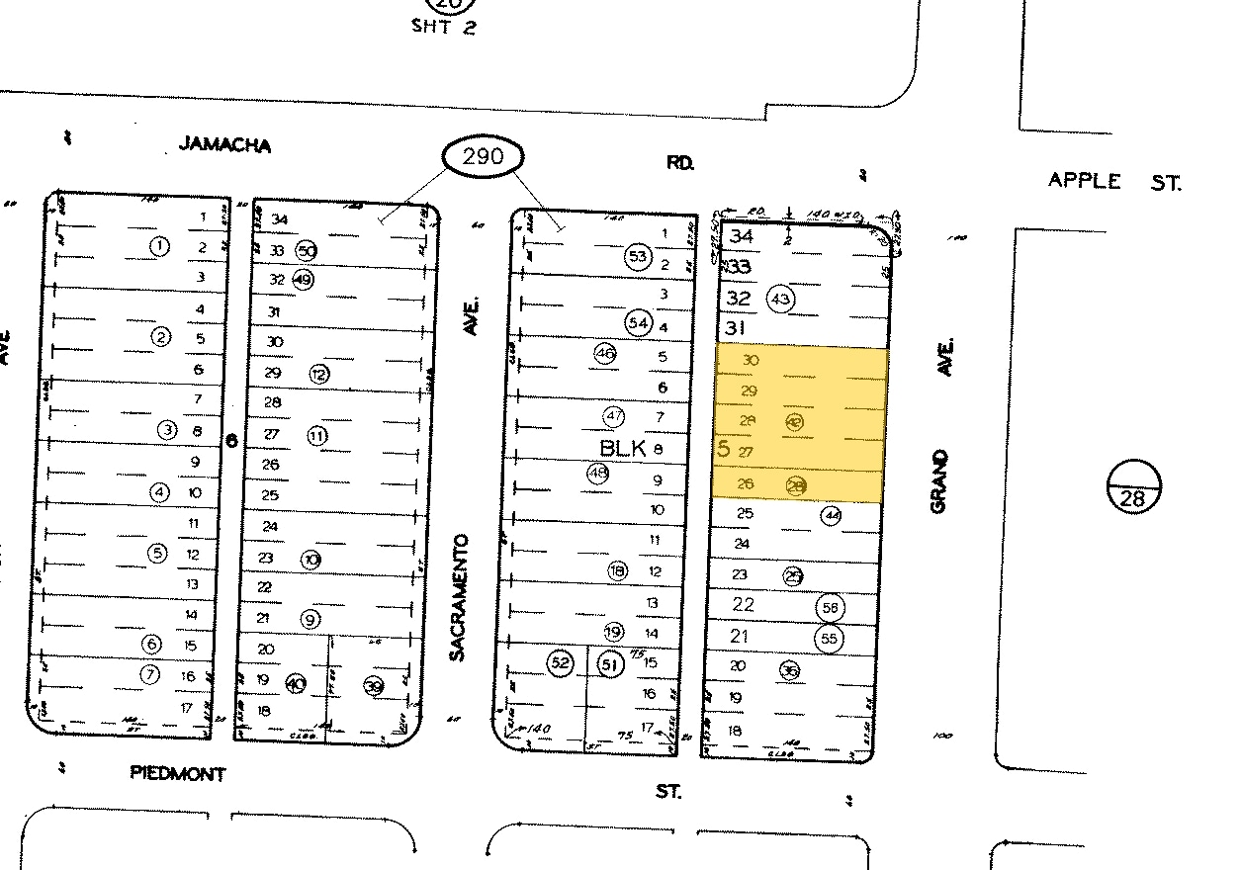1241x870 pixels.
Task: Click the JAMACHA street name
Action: (x=224, y=145)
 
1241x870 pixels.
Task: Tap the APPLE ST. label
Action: (x=1113, y=181)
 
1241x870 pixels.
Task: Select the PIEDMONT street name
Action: (x=178, y=774)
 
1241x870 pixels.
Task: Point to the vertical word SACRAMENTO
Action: (x=458, y=598)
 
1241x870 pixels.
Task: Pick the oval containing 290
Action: (x=482, y=156)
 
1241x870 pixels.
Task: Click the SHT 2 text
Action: (x=444, y=27)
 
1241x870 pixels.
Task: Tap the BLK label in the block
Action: (x=622, y=448)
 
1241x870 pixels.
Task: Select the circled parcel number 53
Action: (x=638, y=257)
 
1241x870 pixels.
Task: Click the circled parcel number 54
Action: (x=638, y=322)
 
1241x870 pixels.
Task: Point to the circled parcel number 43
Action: (x=782, y=299)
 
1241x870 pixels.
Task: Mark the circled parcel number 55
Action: (x=829, y=639)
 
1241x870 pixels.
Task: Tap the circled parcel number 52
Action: (x=561, y=662)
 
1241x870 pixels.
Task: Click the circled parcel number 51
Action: (x=610, y=664)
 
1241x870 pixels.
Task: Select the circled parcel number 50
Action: (x=307, y=251)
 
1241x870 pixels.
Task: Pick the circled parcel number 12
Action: (x=318, y=374)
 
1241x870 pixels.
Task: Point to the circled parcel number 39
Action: (x=373, y=686)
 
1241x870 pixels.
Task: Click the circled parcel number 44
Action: (x=832, y=515)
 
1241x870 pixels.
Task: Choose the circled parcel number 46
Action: (x=605, y=353)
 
